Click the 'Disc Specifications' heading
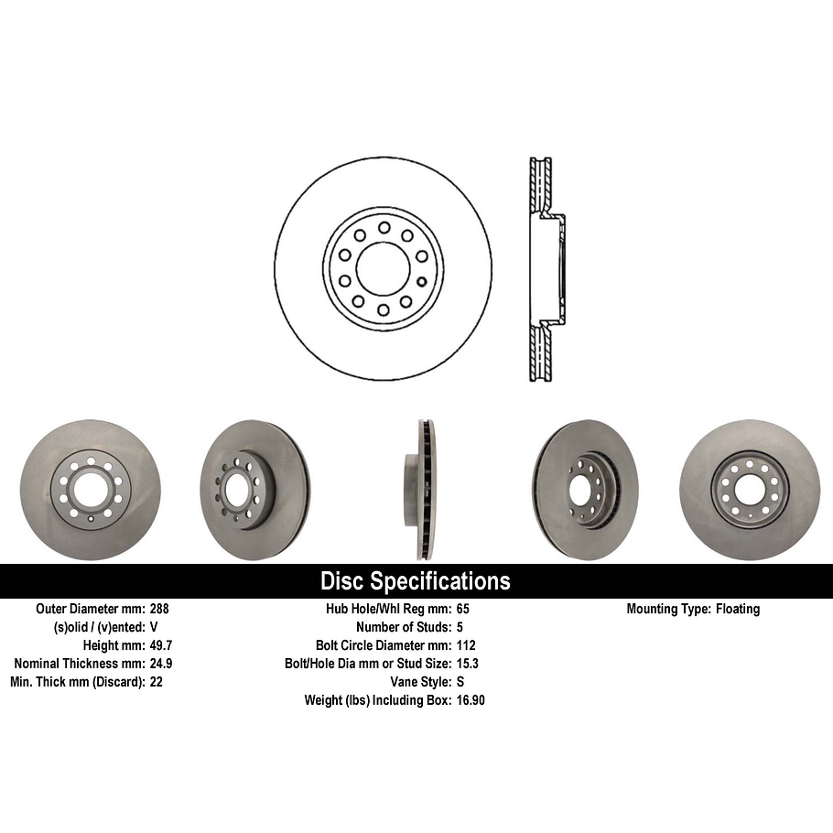click(x=415, y=581)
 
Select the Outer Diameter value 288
click(x=158, y=609)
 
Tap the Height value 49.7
click(x=161, y=645)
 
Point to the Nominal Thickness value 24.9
click(x=161, y=664)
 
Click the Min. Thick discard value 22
click(x=156, y=682)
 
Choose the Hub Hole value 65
click(x=462, y=609)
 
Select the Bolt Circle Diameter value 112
click(x=466, y=645)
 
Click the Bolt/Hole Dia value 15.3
click(x=468, y=664)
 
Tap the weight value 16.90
click(x=471, y=700)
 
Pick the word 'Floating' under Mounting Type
click(x=738, y=609)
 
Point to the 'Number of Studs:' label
click(x=395, y=627)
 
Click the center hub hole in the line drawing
click(x=383, y=269)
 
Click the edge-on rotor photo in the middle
click(x=421, y=490)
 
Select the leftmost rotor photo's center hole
click(x=90, y=491)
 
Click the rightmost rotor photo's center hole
click(x=750, y=490)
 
